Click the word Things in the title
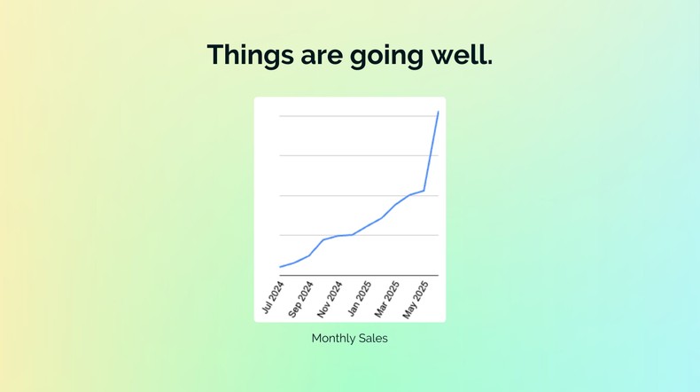tap(249, 55)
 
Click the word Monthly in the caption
tap(333, 338)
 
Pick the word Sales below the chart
tap(372, 338)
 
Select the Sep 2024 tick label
tap(300, 300)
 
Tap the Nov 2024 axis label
tap(329, 300)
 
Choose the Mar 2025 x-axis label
tap(386, 299)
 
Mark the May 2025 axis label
tap(415, 299)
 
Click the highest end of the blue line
tap(438, 113)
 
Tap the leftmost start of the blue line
tap(280, 266)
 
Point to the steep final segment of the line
tap(432, 151)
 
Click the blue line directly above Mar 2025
tap(395, 205)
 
